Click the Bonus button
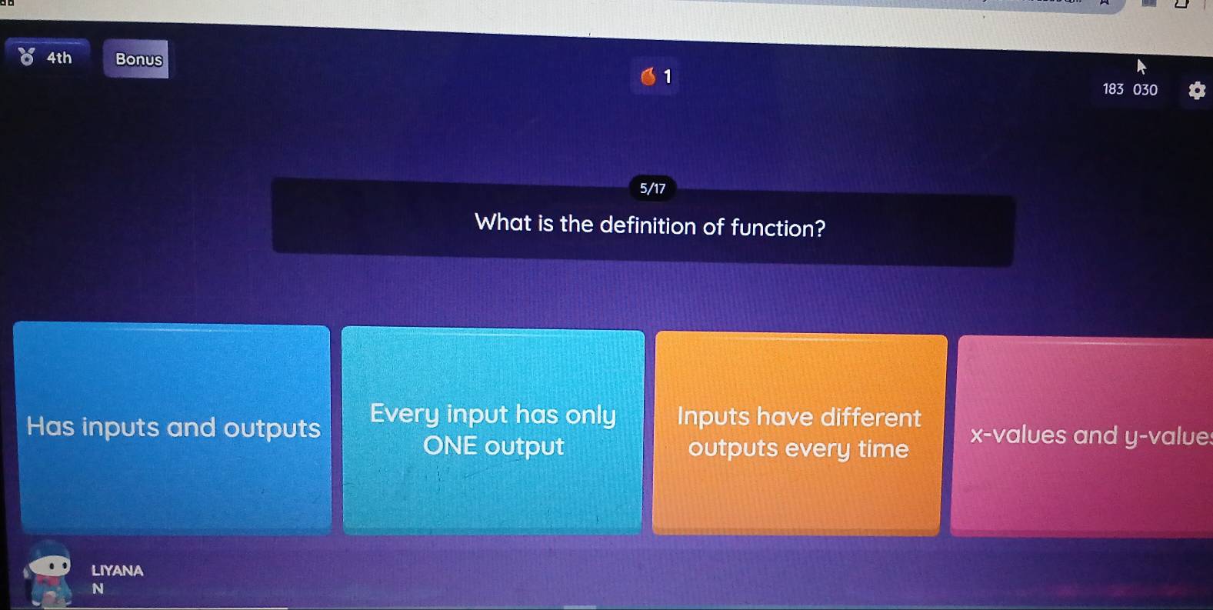pos(138,59)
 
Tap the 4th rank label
pos(59,58)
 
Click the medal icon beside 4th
pos(27,57)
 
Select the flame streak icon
pos(648,76)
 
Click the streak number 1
pos(668,76)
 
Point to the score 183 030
pos(1129,89)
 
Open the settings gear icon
pos(1197,91)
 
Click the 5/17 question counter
pos(652,188)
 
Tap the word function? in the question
pos(778,228)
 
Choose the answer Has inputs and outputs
pos(173,428)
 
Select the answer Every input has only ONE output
pos(492,430)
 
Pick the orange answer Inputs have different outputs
pos(798,432)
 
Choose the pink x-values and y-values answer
pos(1085,435)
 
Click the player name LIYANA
pos(117,571)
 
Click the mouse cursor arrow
pos(1141,67)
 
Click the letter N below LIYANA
pos(98,589)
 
